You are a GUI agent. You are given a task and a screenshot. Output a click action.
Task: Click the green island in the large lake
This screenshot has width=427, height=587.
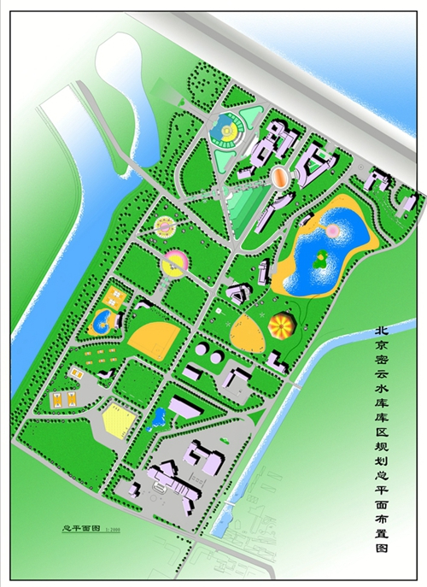coord(319,261)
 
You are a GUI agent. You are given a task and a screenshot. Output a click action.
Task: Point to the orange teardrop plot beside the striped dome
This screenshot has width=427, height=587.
coord(249,331)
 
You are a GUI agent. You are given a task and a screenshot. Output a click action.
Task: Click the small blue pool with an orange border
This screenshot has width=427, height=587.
coord(102,321)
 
